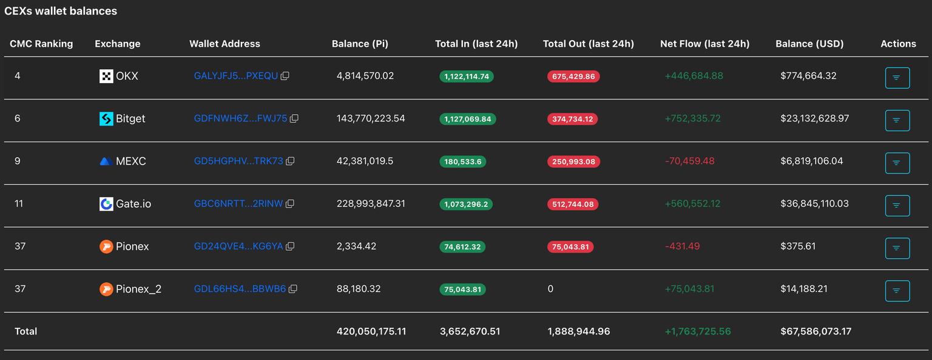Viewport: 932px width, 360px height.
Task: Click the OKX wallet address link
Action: tap(235, 76)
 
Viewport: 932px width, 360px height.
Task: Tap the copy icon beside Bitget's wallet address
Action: tap(294, 119)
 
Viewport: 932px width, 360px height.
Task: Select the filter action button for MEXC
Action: tap(897, 163)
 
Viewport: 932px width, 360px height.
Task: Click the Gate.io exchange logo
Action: tap(106, 204)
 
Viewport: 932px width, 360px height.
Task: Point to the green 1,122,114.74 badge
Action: tap(467, 76)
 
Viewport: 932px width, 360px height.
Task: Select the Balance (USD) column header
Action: tap(809, 44)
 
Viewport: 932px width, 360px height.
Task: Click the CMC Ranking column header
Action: tap(41, 44)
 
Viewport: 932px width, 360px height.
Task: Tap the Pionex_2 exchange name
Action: tap(138, 289)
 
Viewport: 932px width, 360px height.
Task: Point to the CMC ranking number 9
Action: tap(18, 161)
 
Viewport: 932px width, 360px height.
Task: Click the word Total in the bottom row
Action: tap(25, 331)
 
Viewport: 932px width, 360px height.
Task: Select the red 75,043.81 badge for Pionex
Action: tap(570, 246)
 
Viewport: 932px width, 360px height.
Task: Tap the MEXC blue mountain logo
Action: tap(106, 161)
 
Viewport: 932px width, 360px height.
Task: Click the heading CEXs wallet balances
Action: tap(61, 11)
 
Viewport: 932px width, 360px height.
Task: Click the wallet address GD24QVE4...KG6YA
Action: tap(238, 246)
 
